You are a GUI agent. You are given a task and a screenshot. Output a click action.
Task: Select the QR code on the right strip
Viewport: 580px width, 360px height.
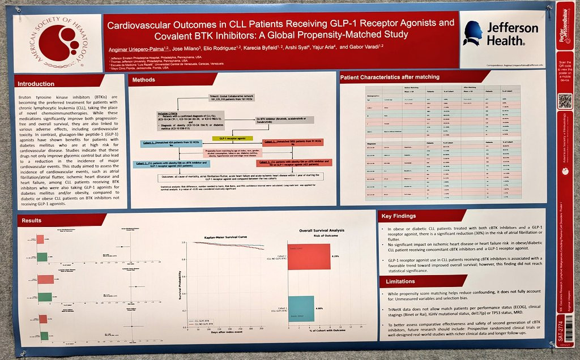coord(565,101)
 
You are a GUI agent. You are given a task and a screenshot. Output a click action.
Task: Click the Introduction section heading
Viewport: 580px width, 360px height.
coord(36,84)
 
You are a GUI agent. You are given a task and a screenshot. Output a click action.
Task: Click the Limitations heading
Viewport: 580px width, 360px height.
coord(400,281)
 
